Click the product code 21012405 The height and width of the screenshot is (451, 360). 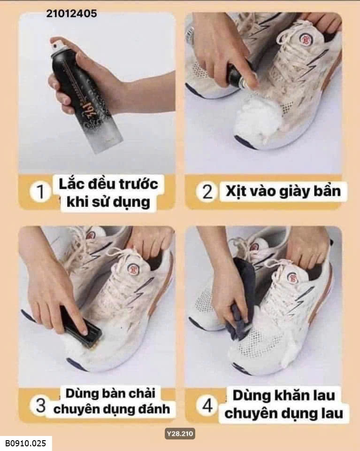(x=71, y=14)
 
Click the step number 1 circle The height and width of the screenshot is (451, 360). (x=40, y=191)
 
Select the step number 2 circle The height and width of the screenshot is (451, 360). (x=207, y=192)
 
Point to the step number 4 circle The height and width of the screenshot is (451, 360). (x=207, y=405)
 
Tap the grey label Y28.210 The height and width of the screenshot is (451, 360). (x=180, y=434)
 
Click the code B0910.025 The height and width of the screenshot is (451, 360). (x=25, y=443)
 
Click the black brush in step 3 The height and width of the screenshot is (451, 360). (x=81, y=327)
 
